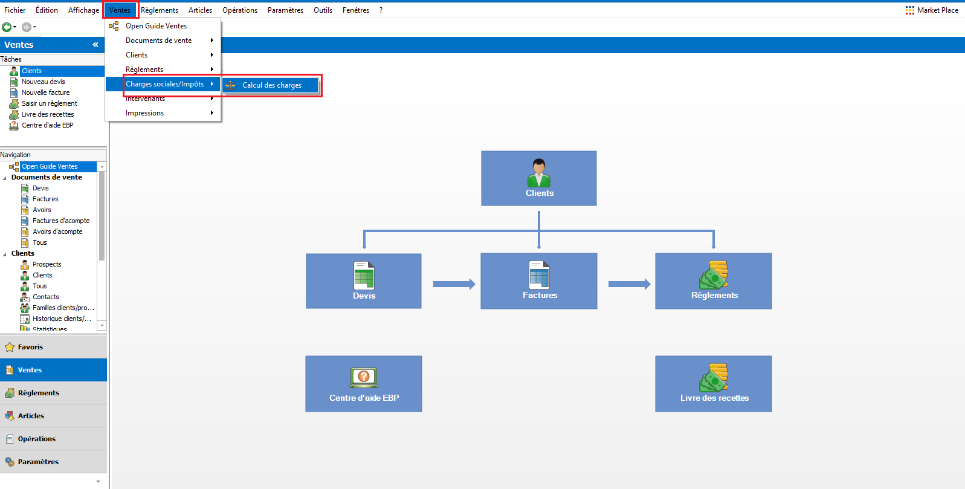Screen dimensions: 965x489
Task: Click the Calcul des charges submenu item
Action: tap(271, 85)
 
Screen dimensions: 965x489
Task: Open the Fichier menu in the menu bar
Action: tap(15, 10)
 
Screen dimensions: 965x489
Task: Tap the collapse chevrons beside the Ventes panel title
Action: tap(95, 45)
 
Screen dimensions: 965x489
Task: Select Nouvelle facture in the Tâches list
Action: tap(46, 92)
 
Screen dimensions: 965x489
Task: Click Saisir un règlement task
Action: tap(49, 103)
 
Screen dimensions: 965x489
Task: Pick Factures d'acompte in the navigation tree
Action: tap(61, 221)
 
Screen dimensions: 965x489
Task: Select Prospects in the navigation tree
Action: tap(47, 264)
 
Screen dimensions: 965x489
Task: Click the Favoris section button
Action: tap(53, 347)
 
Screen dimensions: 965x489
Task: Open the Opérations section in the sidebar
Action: tap(53, 439)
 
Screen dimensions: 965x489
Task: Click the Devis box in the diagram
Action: tap(364, 281)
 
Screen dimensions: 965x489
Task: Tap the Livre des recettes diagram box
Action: tap(714, 383)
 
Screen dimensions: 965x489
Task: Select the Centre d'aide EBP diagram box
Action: tap(364, 383)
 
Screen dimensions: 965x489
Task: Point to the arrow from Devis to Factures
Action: tap(454, 284)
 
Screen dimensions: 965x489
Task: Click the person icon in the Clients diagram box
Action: tap(538, 173)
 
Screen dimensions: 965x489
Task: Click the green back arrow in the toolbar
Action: tap(7, 27)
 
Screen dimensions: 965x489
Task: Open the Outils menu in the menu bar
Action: tap(323, 10)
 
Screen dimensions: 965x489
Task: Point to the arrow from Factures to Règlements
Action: tap(629, 284)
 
